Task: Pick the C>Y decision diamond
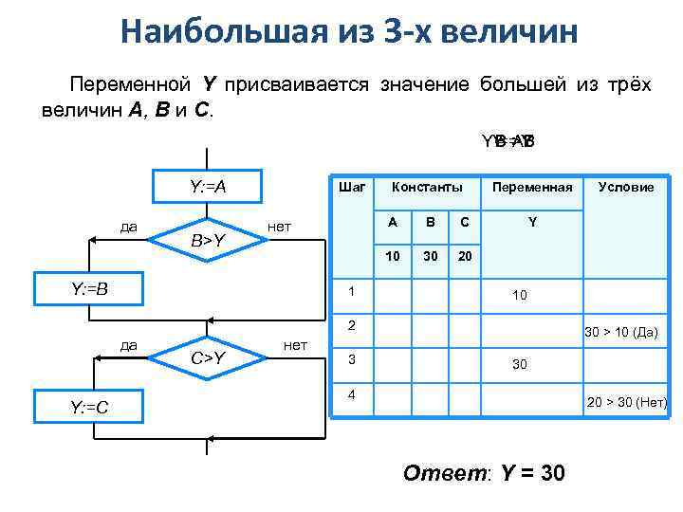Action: click(x=207, y=357)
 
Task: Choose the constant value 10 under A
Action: click(x=392, y=257)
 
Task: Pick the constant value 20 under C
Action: click(x=464, y=257)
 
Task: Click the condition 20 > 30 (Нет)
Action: click(x=627, y=402)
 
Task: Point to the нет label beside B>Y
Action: click(x=279, y=228)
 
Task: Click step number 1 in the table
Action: click(x=351, y=290)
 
